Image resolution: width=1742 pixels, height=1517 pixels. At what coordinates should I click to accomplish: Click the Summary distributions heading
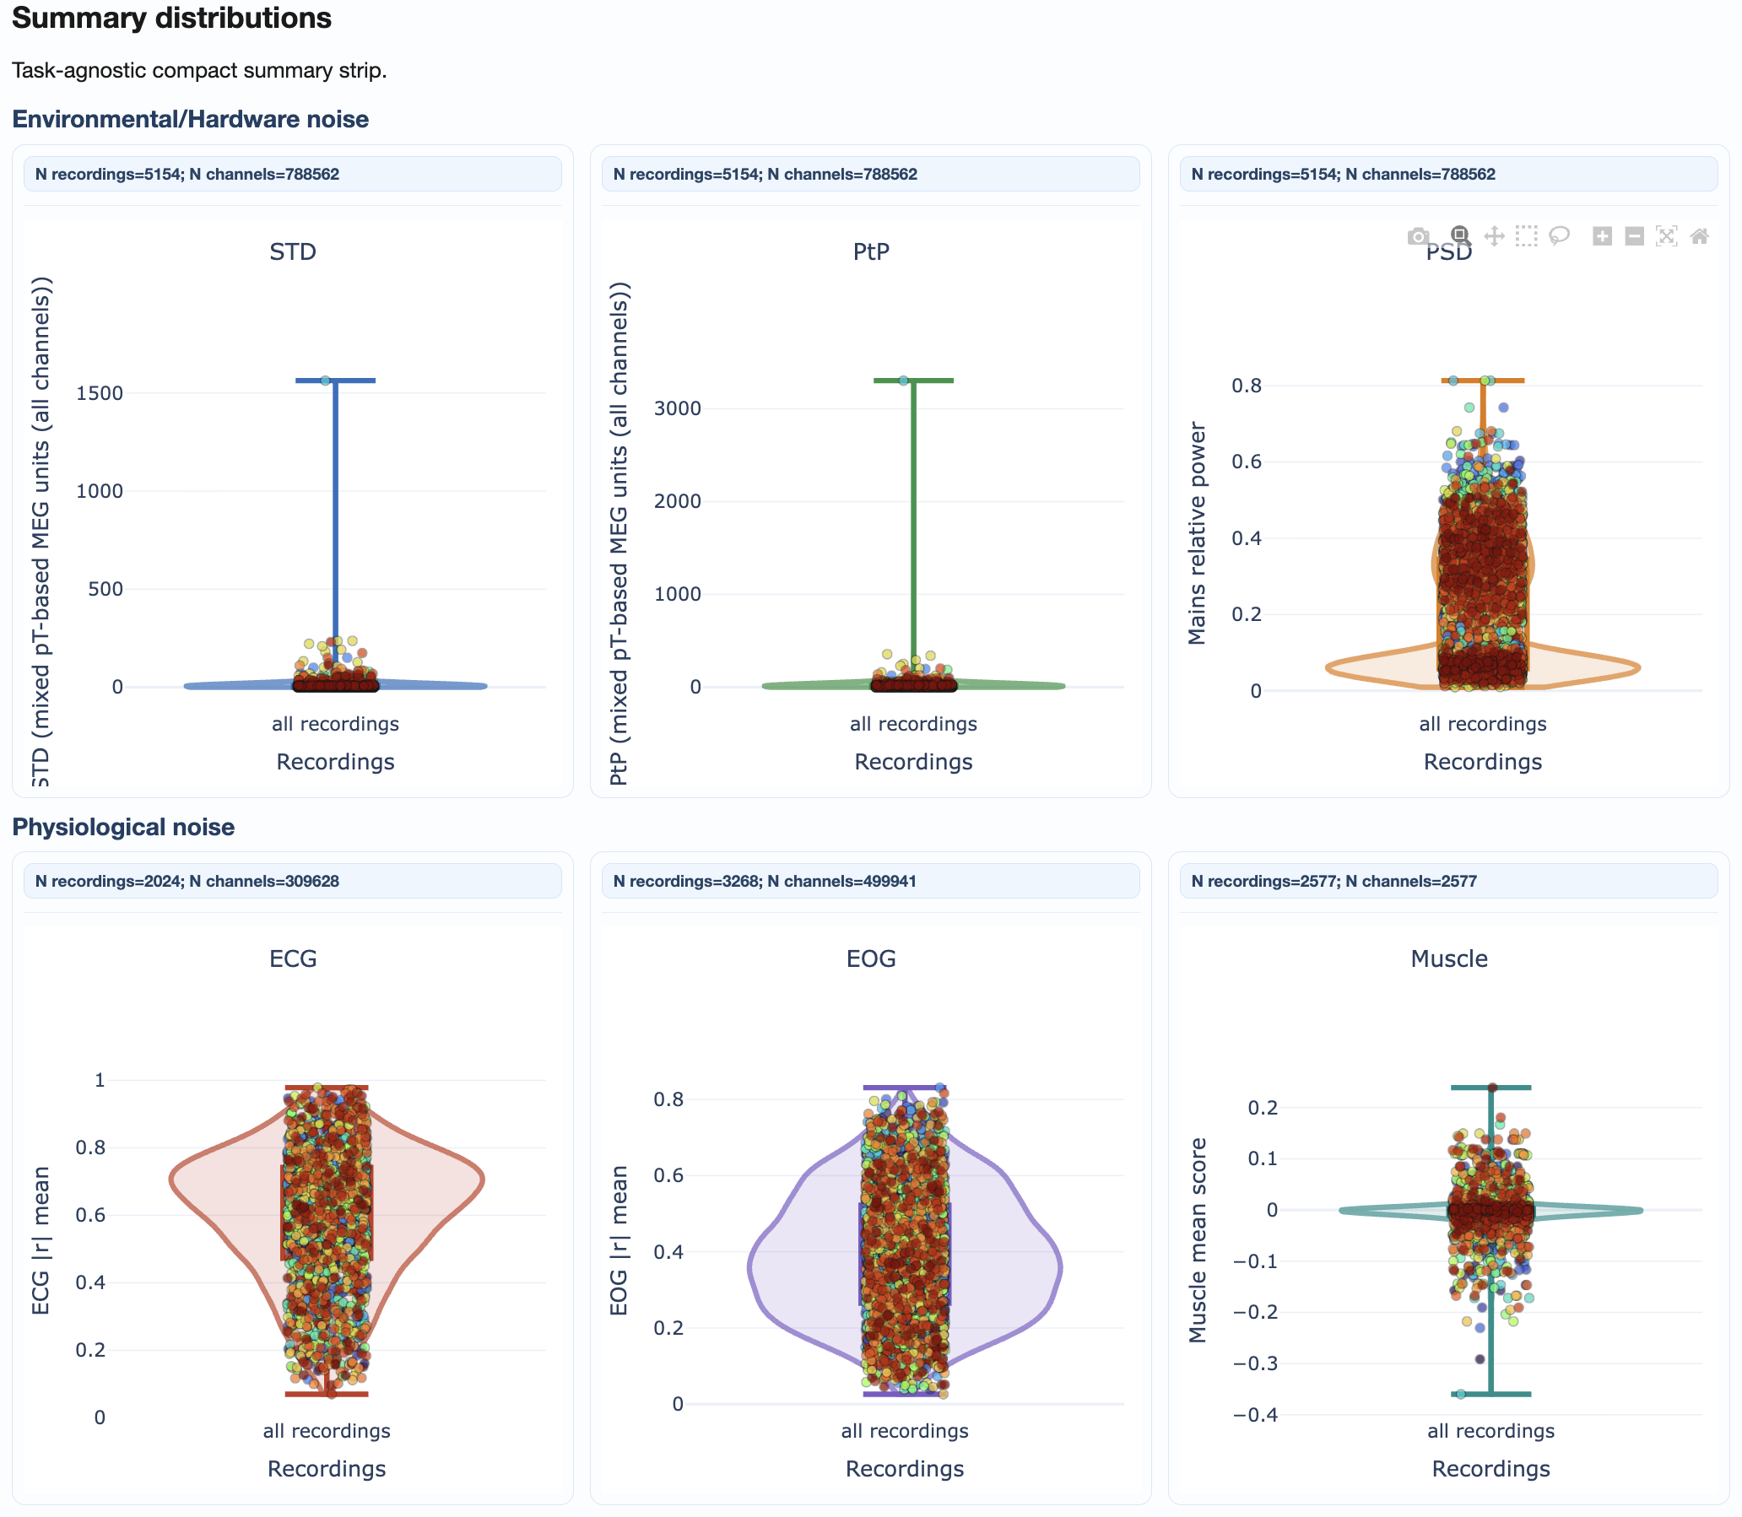[x=171, y=18]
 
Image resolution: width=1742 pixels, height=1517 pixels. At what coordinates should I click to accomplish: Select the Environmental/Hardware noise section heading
[x=191, y=119]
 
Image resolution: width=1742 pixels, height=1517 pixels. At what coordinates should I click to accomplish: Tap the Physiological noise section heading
[x=123, y=827]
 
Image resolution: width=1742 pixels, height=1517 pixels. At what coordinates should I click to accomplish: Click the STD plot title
[x=293, y=251]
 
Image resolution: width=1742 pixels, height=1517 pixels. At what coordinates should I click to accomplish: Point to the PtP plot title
[x=870, y=251]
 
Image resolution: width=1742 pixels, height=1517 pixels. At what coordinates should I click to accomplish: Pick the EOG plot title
[x=870, y=958]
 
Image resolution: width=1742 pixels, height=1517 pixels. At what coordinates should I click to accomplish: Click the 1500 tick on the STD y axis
[x=99, y=393]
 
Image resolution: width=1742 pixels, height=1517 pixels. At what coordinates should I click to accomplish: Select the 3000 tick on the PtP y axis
[x=678, y=408]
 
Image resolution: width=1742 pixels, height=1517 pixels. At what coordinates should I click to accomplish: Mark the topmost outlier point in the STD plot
[x=325, y=381]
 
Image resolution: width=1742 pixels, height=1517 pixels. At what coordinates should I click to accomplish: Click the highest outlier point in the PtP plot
[x=904, y=381]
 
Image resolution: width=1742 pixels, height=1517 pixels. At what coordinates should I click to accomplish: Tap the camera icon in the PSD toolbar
[x=1419, y=236]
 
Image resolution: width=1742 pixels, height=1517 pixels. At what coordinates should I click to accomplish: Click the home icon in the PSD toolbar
[x=1699, y=236]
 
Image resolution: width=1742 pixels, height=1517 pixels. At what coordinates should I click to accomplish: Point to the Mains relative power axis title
[x=1197, y=533]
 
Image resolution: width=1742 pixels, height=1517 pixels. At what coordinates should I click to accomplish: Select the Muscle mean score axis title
[x=1197, y=1240]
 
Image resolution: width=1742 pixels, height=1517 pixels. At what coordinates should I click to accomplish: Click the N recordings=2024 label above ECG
[x=187, y=881]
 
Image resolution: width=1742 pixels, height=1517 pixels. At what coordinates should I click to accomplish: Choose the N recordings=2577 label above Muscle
[x=1333, y=881]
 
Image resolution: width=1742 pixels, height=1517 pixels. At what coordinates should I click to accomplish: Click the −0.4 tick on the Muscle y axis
[x=1255, y=1415]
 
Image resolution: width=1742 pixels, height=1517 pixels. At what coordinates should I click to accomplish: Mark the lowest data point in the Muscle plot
[x=1461, y=1394]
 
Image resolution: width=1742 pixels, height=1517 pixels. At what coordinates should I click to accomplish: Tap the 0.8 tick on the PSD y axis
[x=1247, y=386]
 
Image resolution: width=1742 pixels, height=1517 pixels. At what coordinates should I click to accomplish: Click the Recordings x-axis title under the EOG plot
[x=905, y=1469]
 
